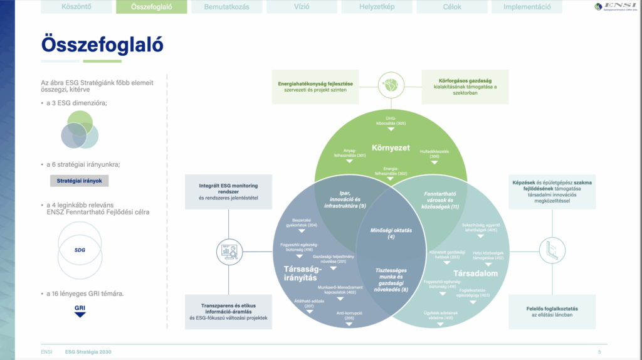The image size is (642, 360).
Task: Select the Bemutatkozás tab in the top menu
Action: click(x=226, y=7)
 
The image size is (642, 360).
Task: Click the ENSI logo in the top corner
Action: click(x=617, y=8)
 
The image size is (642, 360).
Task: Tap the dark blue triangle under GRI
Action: click(x=80, y=315)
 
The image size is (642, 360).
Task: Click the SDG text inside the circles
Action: click(x=80, y=250)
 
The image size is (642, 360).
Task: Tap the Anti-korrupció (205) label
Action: click(x=349, y=315)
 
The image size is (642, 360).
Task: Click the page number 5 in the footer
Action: click(x=599, y=352)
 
